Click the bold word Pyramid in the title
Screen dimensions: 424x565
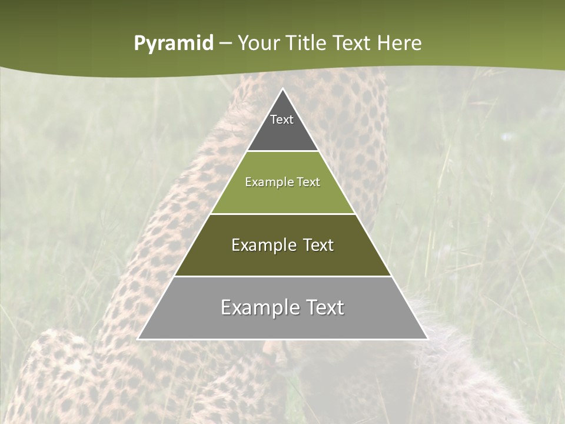coord(173,44)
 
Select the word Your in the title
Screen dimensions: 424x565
coord(260,43)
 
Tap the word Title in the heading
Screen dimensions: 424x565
coord(308,43)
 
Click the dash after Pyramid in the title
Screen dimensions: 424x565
coord(225,44)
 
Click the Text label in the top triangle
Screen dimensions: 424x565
coord(282,120)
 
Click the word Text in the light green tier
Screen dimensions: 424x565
coord(308,183)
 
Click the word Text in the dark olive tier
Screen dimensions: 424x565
coord(318,245)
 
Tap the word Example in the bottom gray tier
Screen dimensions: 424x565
coord(255,307)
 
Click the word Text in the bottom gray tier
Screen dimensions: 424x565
coord(323,307)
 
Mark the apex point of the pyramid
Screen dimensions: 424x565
coord(282,90)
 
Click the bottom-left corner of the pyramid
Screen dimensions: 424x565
coord(139,339)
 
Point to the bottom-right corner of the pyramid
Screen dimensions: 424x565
coord(427,339)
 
